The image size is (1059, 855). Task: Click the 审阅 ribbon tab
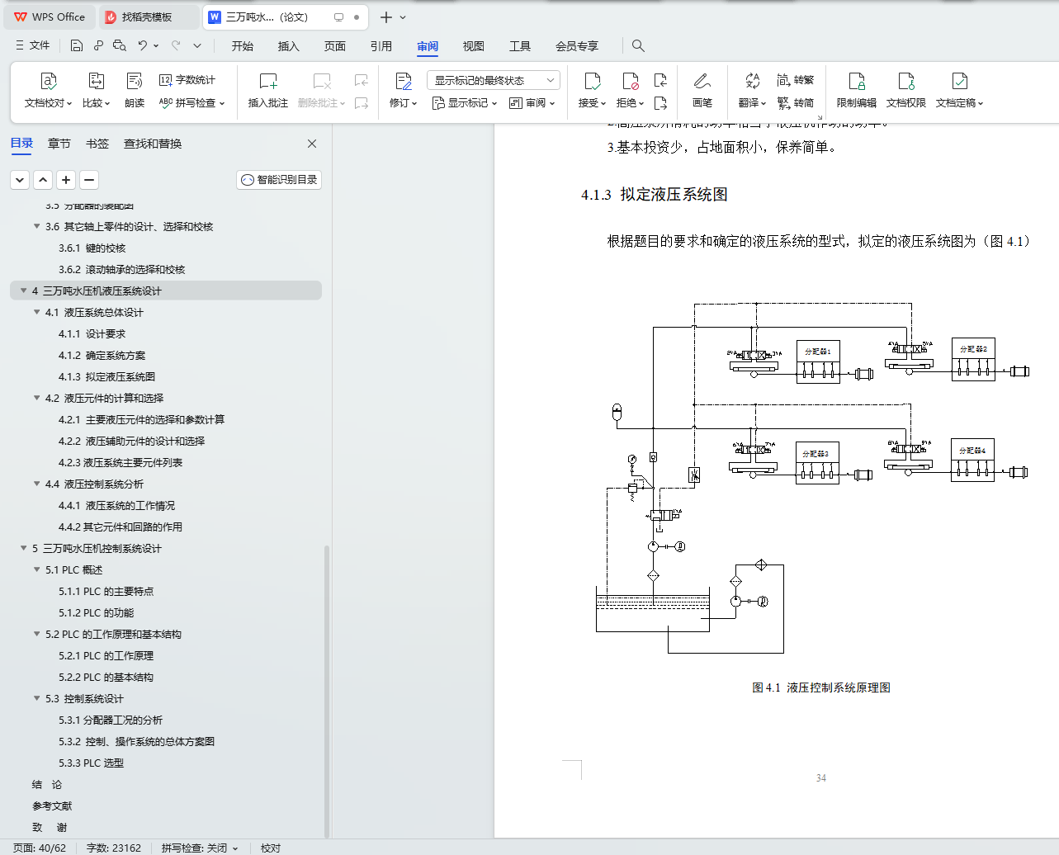(428, 46)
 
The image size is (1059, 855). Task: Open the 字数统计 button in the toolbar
(187, 80)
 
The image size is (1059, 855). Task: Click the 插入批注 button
(268, 90)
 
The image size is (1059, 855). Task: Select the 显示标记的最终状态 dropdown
(494, 80)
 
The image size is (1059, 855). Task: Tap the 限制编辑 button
(857, 90)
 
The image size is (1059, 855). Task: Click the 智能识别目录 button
(279, 180)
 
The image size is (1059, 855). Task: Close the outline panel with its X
(312, 144)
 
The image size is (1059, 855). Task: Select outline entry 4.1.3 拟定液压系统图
(106, 376)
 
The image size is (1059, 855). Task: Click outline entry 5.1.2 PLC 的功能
(96, 612)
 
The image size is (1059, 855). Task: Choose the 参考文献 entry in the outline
(52, 805)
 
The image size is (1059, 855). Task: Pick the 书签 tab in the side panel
(97, 144)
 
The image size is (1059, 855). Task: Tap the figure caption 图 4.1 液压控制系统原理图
(820, 687)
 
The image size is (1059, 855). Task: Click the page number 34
(820, 777)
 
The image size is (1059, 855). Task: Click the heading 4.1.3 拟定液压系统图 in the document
(655, 195)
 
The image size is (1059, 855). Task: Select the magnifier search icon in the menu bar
(638, 46)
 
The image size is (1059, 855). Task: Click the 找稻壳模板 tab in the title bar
(146, 17)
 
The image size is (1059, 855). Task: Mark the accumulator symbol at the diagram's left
(617, 412)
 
